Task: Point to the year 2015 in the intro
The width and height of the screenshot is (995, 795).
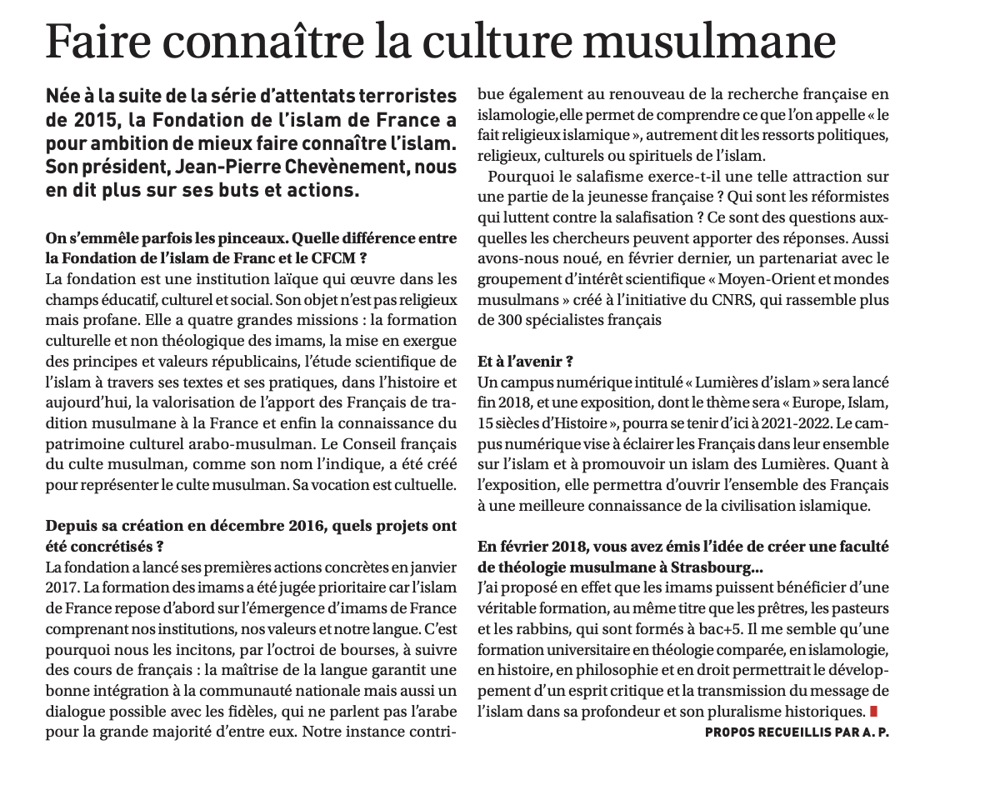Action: click(84, 119)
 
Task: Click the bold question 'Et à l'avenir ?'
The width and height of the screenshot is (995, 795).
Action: click(525, 362)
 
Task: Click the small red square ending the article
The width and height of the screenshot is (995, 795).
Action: click(873, 711)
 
